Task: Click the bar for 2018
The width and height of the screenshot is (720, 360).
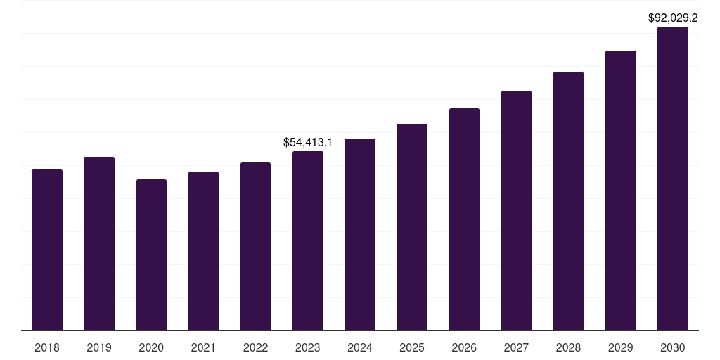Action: [x=47, y=250]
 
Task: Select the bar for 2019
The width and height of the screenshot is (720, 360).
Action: [x=99, y=243]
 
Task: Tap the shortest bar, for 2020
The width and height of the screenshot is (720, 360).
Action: [x=151, y=255]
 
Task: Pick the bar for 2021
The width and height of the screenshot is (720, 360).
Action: [x=203, y=251]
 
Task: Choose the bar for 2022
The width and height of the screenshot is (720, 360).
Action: [x=255, y=246]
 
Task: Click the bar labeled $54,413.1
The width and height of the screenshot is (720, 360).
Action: [x=308, y=240]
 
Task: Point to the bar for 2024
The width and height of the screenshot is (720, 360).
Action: [x=360, y=234]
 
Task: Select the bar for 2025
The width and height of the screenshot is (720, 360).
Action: [x=412, y=227]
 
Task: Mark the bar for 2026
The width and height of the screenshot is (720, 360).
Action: [x=464, y=219]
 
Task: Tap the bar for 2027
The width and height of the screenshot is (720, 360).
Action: [x=516, y=210]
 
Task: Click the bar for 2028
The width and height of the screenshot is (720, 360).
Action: [x=568, y=201]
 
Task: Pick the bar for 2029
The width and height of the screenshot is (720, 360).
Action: [x=621, y=191]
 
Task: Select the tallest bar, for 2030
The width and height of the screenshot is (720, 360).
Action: [x=673, y=179]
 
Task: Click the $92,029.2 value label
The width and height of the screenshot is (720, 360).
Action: [x=673, y=18]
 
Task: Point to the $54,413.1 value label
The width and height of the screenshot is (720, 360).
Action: [x=308, y=142]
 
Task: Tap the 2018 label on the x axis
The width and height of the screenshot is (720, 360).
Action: [x=47, y=347]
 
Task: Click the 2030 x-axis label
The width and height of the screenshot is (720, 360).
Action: [x=673, y=347]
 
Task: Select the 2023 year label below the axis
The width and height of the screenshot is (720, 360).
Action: [x=308, y=347]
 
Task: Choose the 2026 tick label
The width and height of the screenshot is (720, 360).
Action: [x=464, y=347]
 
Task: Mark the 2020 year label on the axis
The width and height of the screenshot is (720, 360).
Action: [x=151, y=347]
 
